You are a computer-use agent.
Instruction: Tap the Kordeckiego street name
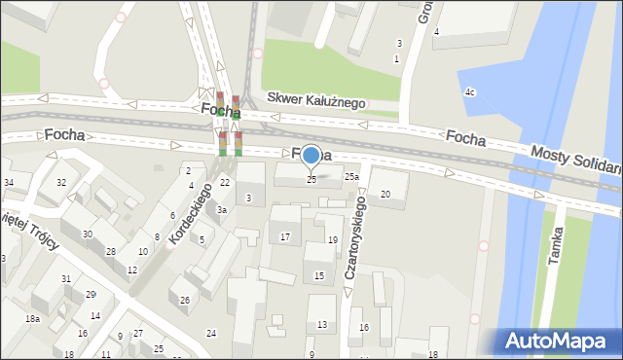point(190,213)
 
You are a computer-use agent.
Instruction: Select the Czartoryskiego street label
point(356,238)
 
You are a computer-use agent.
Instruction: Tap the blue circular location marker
point(311,156)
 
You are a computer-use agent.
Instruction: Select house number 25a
point(351,177)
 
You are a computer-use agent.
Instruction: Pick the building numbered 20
point(385,195)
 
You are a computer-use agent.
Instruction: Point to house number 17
point(284,237)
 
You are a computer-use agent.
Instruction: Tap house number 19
point(332,240)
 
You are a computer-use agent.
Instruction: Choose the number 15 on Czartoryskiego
point(318,276)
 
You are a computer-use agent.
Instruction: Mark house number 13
point(322,325)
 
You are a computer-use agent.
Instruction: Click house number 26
point(184,300)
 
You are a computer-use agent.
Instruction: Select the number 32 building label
point(60,183)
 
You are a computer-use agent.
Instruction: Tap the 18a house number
point(32,319)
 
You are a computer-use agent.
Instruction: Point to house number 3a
point(222,210)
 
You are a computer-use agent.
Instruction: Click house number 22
point(224,183)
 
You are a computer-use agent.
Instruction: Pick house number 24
point(210,334)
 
